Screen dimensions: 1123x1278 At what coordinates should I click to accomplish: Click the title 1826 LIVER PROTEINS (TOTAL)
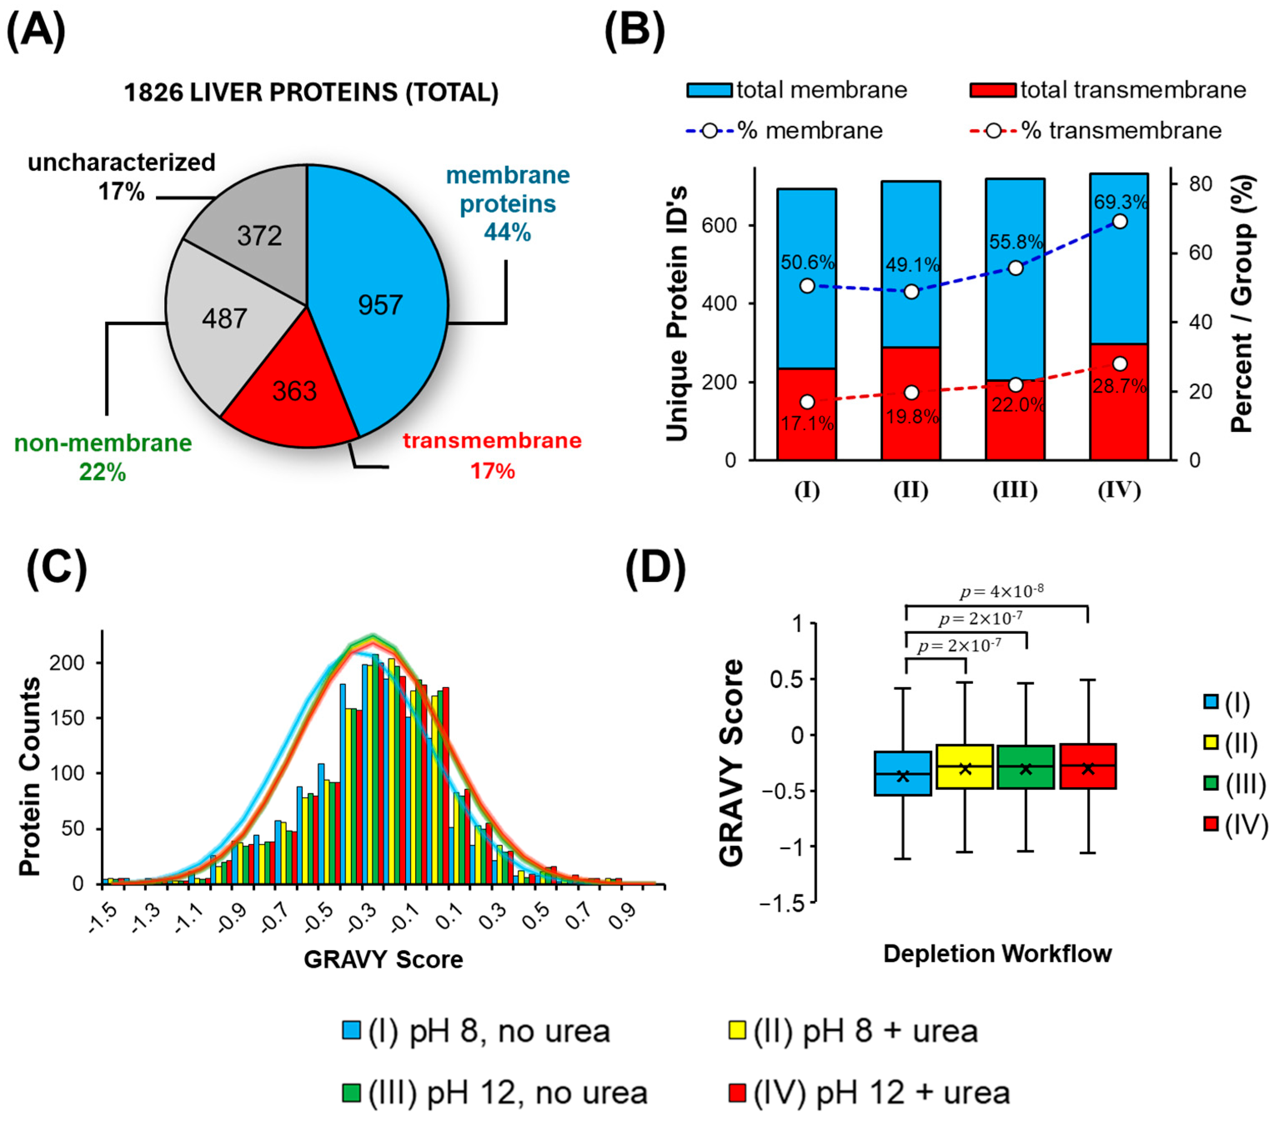coord(311,93)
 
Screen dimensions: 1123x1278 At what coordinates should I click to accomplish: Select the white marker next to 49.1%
coord(912,292)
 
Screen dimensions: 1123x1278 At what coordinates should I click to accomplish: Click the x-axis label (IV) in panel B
coord(1119,490)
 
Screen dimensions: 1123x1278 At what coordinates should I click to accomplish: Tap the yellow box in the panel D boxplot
coord(964,766)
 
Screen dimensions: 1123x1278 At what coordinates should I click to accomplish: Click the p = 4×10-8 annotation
coord(1001,591)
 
